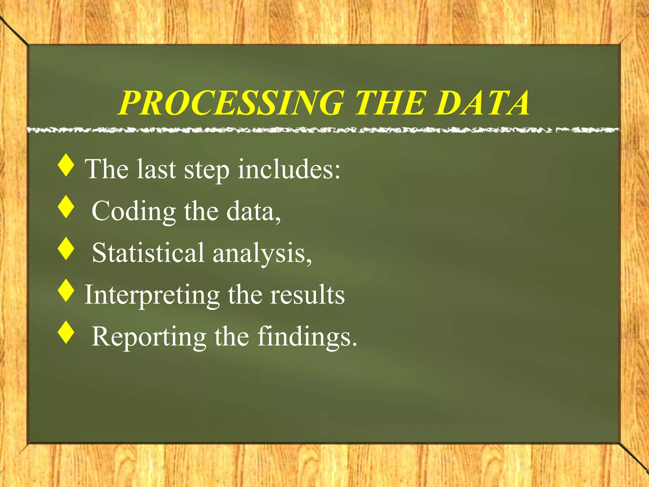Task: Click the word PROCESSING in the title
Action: [x=231, y=103]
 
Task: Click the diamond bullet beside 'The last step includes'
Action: [x=66, y=165]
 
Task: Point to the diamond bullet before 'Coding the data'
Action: [x=66, y=207]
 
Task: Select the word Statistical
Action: [x=148, y=253]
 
